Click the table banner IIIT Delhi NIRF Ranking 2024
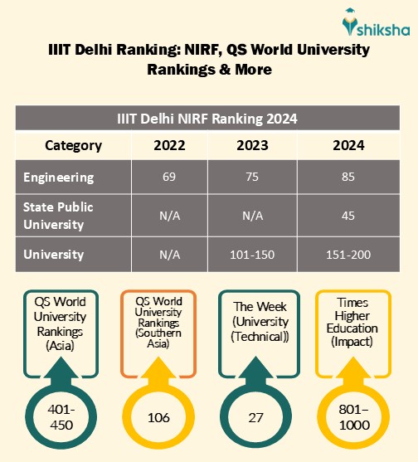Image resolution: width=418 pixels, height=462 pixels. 207,119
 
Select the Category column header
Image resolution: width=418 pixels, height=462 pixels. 73,145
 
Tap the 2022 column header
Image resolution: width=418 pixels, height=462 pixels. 170,145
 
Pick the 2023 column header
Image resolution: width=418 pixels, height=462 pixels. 253,145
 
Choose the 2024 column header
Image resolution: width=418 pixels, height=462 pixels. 348,145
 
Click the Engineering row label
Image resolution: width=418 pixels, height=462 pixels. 59,178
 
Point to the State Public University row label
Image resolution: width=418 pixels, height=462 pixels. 58,216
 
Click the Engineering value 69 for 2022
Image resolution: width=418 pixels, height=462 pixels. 170,178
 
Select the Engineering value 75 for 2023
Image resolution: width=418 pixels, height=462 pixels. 253,178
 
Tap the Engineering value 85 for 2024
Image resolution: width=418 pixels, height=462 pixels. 348,178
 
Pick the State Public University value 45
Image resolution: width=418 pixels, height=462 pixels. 348,216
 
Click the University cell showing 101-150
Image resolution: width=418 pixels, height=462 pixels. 253,254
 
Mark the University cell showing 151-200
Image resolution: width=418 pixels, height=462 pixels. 348,254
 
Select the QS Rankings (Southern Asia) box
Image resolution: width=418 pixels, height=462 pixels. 158,323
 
